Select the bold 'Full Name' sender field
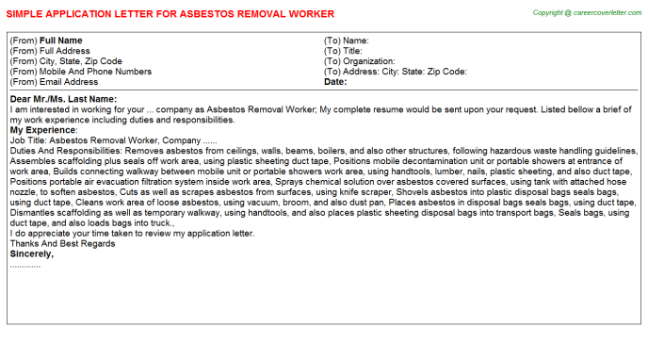click(x=61, y=41)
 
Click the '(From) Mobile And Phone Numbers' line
click(x=80, y=72)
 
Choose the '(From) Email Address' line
click(x=57, y=82)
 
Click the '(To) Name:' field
click(x=346, y=41)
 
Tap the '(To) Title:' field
click(x=343, y=51)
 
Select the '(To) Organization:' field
click(x=358, y=61)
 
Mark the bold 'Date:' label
click(x=335, y=82)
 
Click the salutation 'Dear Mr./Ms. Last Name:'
click(x=63, y=99)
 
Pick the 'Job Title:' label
click(x=31, y=139)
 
